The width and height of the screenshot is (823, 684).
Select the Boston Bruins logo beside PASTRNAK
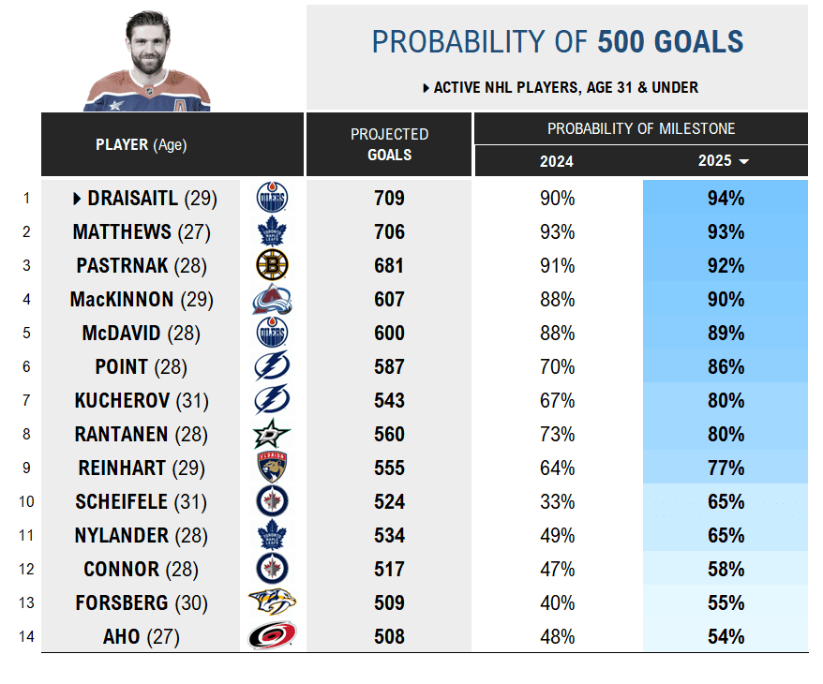(272, 266)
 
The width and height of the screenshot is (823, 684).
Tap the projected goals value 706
(389, 232)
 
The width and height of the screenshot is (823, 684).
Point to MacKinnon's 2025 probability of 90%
(726, 300)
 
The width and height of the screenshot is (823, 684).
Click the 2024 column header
(557, 161)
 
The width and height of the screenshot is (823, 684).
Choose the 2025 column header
(715, 161)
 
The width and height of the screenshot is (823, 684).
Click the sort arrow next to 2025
(744, 162)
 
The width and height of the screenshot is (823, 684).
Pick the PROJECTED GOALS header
(389, 144)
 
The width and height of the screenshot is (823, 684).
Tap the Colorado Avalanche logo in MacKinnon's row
(272, 300)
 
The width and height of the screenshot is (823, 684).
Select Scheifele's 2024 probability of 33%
(557, 502)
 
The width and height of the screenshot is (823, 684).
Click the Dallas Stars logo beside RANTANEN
(272, 435)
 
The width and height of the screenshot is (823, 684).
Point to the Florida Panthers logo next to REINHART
(272, 468)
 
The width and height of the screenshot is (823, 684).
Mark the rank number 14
(25, 637)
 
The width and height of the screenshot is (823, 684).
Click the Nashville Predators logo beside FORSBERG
(272, 603)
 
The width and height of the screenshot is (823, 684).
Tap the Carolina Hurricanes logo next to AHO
(272, 637)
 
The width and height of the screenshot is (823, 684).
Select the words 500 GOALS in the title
(670, 42)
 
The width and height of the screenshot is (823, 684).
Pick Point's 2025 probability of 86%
(726, 367)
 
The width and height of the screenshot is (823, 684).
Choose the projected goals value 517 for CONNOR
(389, 570)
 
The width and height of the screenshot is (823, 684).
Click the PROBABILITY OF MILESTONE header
(641, 128)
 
